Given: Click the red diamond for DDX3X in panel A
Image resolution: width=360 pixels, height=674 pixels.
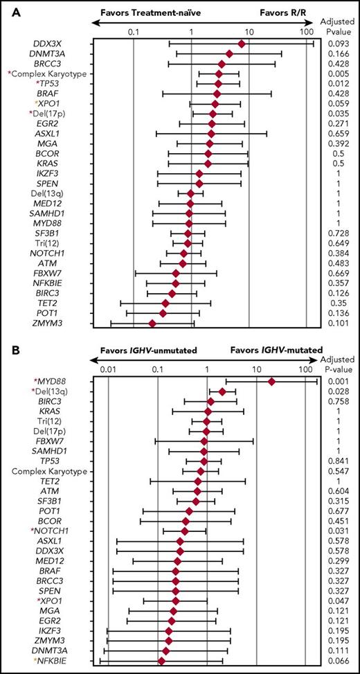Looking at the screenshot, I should tap(242, 44).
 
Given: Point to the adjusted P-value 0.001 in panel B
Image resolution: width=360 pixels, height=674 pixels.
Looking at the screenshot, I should tap(338, 382).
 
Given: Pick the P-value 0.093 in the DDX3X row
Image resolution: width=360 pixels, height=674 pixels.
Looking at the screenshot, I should tap(338, 44).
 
